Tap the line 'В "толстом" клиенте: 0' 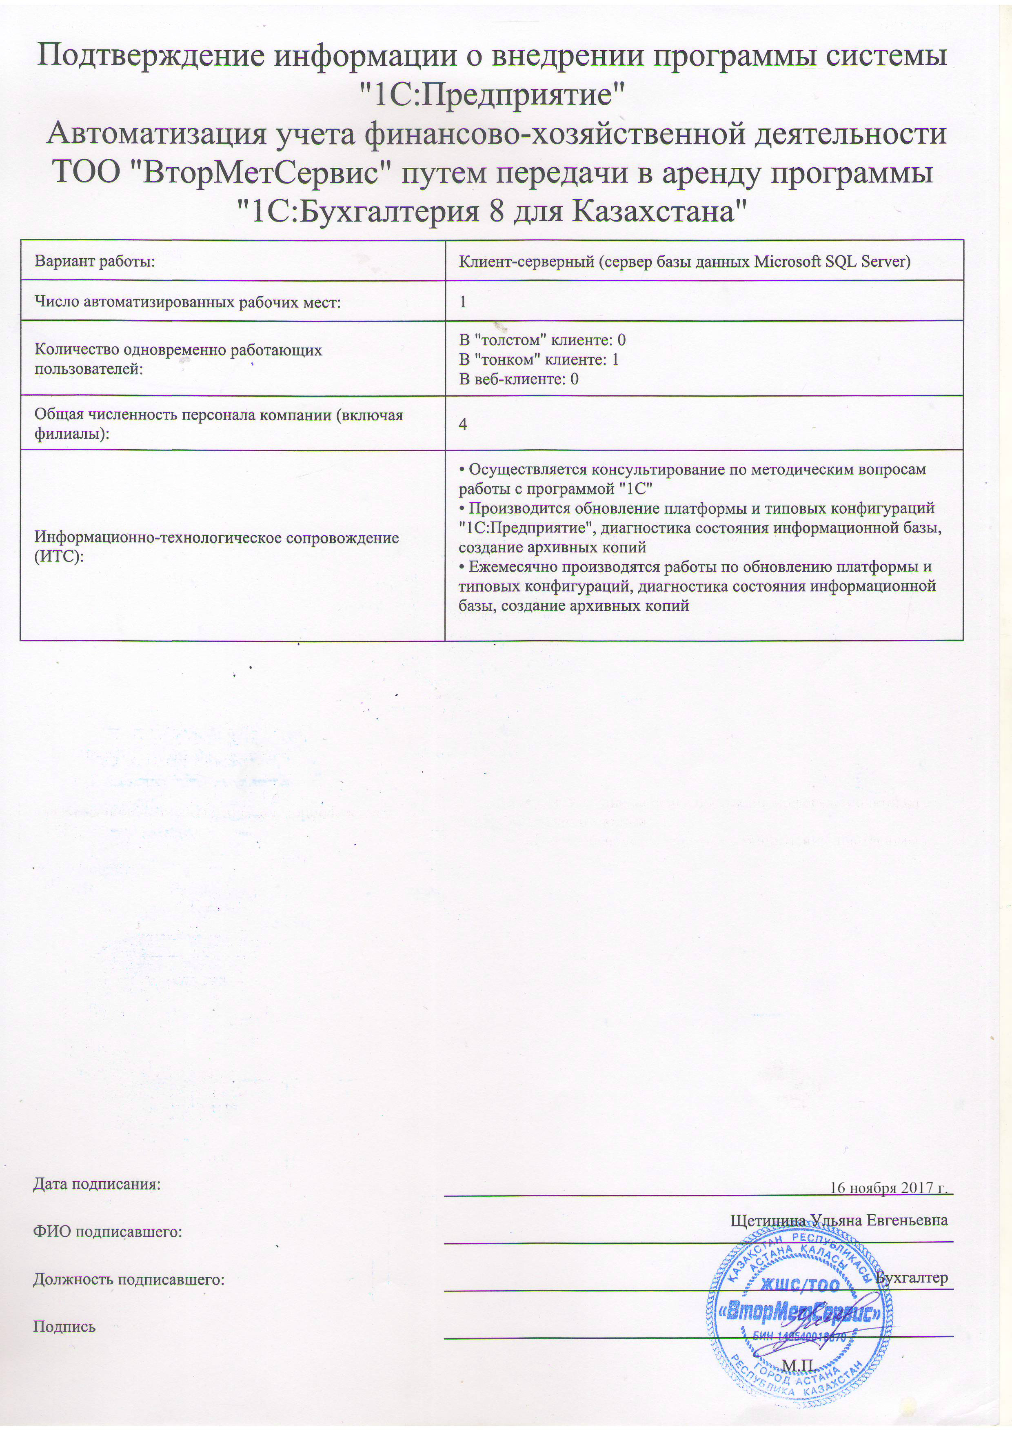coord(542,339)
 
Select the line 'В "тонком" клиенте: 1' coord(538,359)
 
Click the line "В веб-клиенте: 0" coord(519,378)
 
